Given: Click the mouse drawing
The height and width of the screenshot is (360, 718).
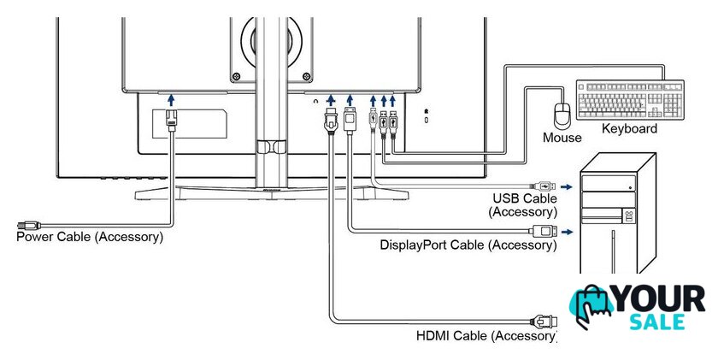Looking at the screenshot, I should click(x=562, y=115).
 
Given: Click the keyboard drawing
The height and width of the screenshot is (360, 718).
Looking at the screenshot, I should click(x=630, y=101).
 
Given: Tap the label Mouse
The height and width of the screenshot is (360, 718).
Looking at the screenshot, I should click(x=562, y=137).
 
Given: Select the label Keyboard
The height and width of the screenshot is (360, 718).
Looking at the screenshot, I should click(x=630, y=129).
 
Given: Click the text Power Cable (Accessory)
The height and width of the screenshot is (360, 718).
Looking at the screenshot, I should click(x=90, y=236).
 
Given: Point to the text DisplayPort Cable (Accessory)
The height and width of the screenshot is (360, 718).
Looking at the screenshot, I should click(x=468, y=245).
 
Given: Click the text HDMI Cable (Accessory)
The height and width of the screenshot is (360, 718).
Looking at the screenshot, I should click(x=486, y=335).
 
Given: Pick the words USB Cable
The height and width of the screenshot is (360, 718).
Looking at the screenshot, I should click(x=523, y=198).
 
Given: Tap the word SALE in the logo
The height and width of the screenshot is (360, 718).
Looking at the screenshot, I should click(x=665, y=322).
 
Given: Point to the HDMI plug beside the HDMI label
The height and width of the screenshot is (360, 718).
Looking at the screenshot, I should click(x=544, y=322).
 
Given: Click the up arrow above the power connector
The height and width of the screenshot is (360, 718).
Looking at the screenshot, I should click(x=171, y=101).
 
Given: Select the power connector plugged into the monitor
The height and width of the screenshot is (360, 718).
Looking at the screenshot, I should click(x=171, y=121).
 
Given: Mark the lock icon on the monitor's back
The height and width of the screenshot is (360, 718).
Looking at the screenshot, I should click(x=427, y=112).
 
